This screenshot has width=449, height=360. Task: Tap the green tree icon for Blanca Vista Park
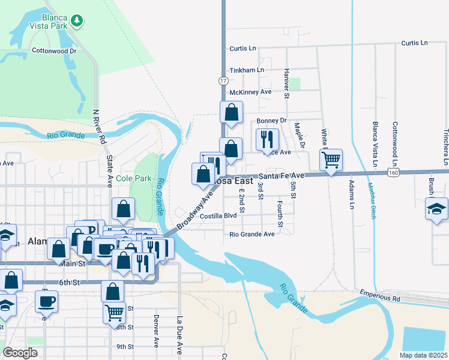click(x=76, y=22)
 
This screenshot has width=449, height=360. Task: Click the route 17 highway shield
click(x=223, y=80)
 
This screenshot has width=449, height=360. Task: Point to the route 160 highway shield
click(x=393, y=172)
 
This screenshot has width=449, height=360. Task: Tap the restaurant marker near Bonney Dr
click(x=267, y=140)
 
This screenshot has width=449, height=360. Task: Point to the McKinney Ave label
click(x=250, y=92)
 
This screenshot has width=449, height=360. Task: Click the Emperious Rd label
click(x=380, y=296)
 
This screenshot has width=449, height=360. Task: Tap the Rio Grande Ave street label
click(x=252, y=233)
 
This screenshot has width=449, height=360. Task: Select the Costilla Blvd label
click(x=218, y=216)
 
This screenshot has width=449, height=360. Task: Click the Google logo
click(x=20, y=352)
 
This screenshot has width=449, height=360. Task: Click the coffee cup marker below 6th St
click(x=47, y=303)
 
